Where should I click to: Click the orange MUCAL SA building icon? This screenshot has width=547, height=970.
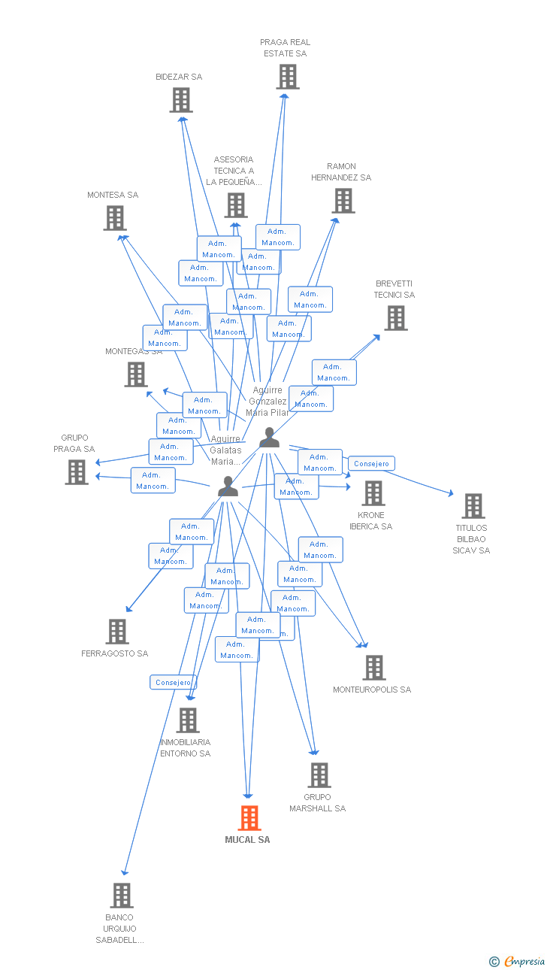pos(249,817)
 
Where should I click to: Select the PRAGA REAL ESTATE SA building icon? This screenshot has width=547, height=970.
pos(287,77)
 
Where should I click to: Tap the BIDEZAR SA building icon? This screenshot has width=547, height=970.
pos(180,100)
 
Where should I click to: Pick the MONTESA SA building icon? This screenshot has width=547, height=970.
pos(114,218)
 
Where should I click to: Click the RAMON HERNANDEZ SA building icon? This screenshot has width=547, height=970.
pos(343,201)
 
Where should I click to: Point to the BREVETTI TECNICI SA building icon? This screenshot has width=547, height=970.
pos(395,318)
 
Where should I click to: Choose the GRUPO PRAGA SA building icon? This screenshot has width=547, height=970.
pos(77,472)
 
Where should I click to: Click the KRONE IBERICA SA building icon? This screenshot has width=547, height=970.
pos(373,493)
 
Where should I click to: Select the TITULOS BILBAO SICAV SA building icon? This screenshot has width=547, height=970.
pos(473,506)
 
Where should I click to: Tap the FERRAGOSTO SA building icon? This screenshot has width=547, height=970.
pos(116,632)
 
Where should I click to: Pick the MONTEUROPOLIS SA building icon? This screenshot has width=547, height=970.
pos(373,667)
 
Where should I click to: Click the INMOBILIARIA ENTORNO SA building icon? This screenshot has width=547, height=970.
pos(187,720)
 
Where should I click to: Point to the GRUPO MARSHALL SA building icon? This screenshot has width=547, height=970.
pos(319,775)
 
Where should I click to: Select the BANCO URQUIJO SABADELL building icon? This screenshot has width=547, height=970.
pos(122,896)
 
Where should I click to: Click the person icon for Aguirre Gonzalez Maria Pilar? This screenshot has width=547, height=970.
pos(269,438)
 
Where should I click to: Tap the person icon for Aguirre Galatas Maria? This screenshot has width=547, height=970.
pos(228,487)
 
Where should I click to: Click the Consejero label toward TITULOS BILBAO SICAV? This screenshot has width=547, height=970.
pos(371,463)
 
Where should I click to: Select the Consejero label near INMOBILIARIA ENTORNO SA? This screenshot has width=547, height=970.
pos(174,682)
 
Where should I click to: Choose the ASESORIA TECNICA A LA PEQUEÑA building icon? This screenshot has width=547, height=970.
pos(235,205)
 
